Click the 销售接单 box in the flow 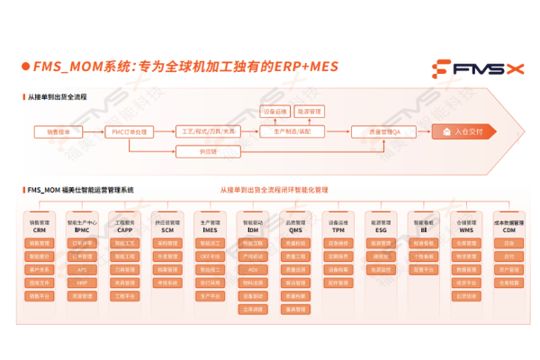click(x=53, y=131)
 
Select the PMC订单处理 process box click(x=130, y=131)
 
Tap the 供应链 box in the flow click(x=210, y=152)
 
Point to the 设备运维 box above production click(x=274, y=112)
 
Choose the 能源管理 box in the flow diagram click(x=310, y=112)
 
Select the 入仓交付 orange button click(x=463, y=131)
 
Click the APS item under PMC click(x=82, y=269)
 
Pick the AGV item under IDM click(x=253, y=269)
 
